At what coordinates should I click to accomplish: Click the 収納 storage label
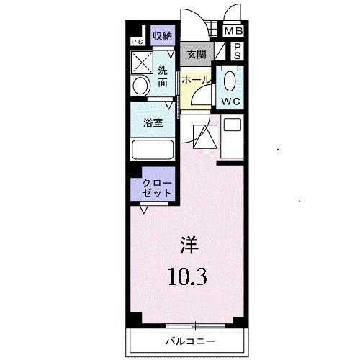pyautogui.click(x=162, y=35)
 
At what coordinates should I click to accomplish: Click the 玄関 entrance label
pyautogui.click(x=196, y=55)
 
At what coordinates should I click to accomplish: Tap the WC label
pyautogui.click(x=231, y=102)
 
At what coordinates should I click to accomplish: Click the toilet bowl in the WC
pyautogui.click(x=230, y=80)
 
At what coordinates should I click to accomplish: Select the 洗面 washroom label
pyautogui.click(x=163, y=77)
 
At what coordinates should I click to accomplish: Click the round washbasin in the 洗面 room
pyautogui.click(x=140, y=86)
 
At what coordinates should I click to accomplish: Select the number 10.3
pyautogui.click(x=189, y=276)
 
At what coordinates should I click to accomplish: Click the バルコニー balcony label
pyautogui.click(x=191, y=340)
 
